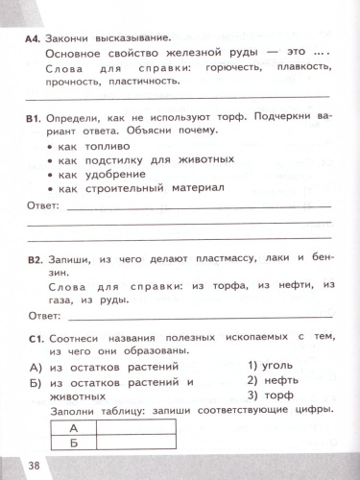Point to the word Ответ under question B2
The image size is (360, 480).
[x=45, y=313]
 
